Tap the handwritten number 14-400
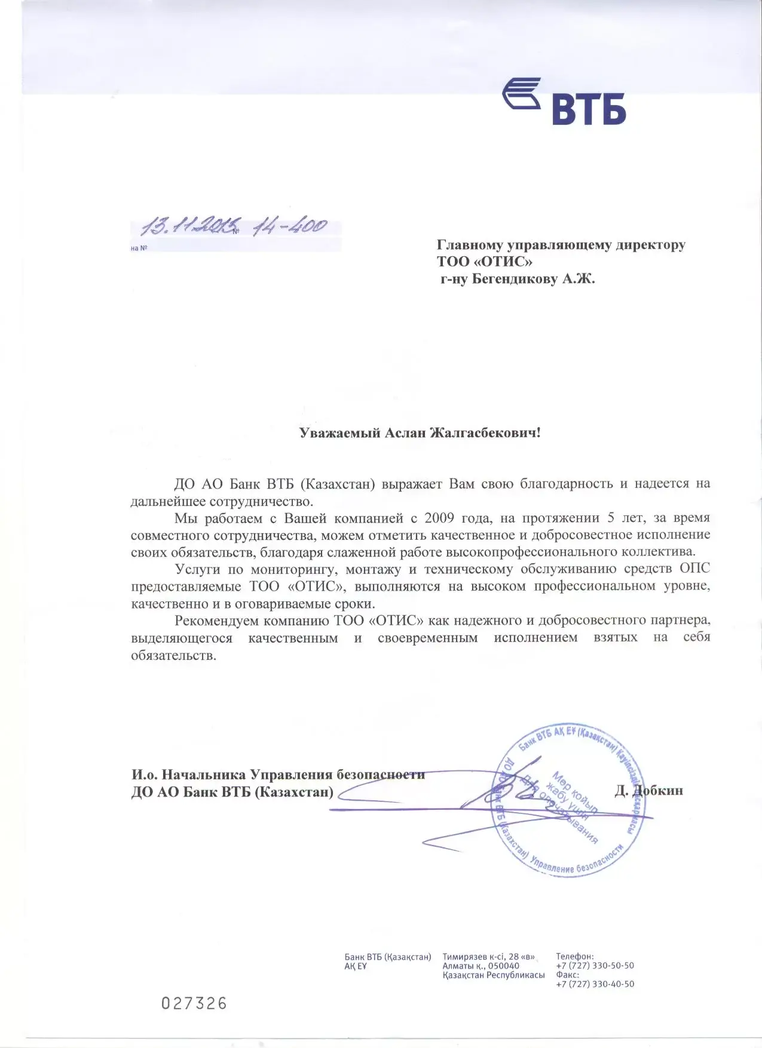(x=289, y=227)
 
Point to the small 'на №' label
(x=139, y=248)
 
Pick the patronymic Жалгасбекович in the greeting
(x=485, y=433)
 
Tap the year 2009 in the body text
(x=439, y=517)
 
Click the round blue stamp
(x=568, y=801)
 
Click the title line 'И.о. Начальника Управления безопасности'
(x=278, y=775)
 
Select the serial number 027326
(x=194, y=1003)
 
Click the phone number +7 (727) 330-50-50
(x=595, y=966)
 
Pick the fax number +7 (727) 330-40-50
(x=595, y=984)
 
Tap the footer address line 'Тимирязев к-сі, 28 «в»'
(x=488, y=957)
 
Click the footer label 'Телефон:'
(x=574, y=957)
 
